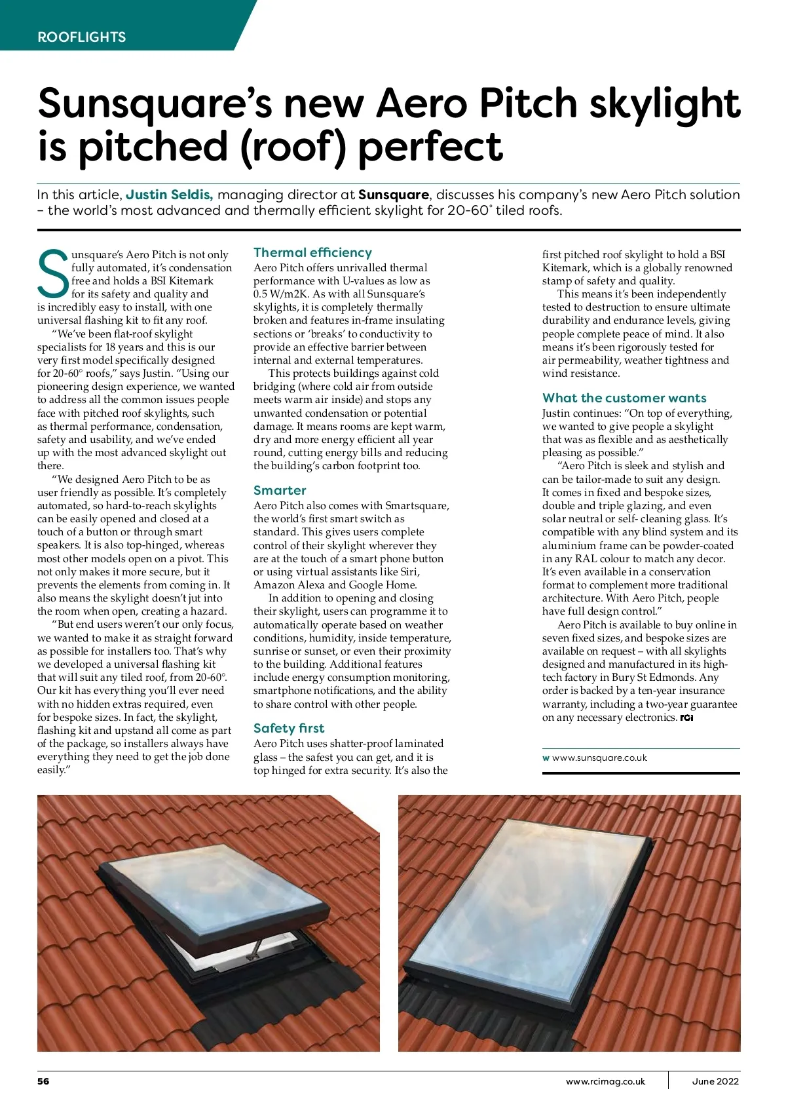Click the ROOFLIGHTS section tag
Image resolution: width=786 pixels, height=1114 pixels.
coord(82,37)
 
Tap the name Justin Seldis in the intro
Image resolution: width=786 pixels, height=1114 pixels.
coord(170,195)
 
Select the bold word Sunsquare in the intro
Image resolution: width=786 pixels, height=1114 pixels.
coord(394,195)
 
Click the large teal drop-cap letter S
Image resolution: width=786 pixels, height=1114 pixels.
coord(53,273)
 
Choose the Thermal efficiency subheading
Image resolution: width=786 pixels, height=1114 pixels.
coord(312,252)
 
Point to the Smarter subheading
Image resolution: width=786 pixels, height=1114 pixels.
coord(280,490)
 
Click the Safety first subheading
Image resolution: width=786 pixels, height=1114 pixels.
coord(289,728)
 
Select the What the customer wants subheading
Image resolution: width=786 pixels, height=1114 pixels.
coord(624,398)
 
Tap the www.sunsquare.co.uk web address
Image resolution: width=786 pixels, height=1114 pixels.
coord(599,758)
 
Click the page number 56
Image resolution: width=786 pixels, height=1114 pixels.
coord(43,1081)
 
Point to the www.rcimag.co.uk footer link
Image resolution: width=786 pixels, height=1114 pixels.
coord(605,1081)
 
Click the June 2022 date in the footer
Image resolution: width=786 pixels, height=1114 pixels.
coord(715,1081)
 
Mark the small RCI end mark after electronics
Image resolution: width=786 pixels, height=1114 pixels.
coord(686,718)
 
